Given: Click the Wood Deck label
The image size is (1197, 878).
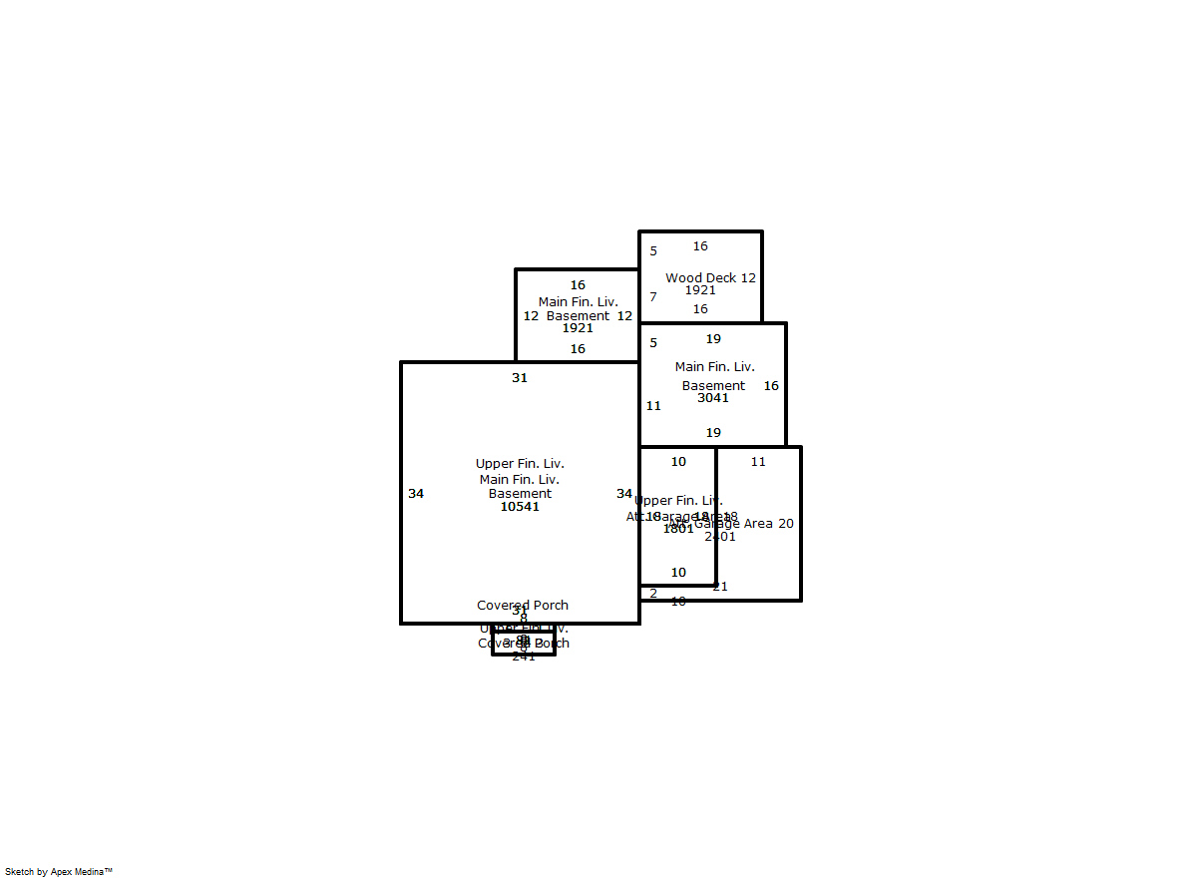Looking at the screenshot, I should [x=701, y=278].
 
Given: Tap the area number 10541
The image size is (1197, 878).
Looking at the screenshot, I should [x=520, y=507].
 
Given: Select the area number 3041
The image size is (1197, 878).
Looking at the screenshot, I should [x=713, y=398].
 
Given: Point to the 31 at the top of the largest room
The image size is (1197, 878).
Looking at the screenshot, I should [x=520, y=378].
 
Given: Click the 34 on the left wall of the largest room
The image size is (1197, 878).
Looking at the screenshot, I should [x=416, y=494].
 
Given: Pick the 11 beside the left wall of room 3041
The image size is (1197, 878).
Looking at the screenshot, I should [x=653, y=406].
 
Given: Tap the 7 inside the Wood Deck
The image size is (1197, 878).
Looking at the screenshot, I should [x=653, y=297].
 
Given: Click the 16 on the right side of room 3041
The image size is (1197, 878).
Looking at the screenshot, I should [x=771, y=386].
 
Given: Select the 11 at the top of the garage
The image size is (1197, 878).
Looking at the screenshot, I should [x=758, y=462].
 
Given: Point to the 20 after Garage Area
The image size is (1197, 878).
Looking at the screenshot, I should [x=786, y=524].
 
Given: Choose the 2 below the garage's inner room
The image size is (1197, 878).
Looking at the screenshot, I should [x=653, y=594].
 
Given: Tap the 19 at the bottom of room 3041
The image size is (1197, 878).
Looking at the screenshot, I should [x=713, y=433].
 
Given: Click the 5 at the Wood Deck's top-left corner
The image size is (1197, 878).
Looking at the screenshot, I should [x=653, y=251].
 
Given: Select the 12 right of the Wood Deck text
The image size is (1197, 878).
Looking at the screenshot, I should [x=748, y=278].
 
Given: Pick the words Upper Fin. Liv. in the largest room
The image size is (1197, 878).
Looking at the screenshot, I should [x=520, y=464].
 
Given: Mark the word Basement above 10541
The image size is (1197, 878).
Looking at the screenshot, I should [x=520, y=494].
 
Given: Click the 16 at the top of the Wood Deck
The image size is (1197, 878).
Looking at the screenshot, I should [x=700, y=246].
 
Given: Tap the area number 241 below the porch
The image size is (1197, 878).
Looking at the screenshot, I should [x=524, y=657].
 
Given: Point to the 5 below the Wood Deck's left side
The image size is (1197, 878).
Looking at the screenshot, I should [x=653, y=343].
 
